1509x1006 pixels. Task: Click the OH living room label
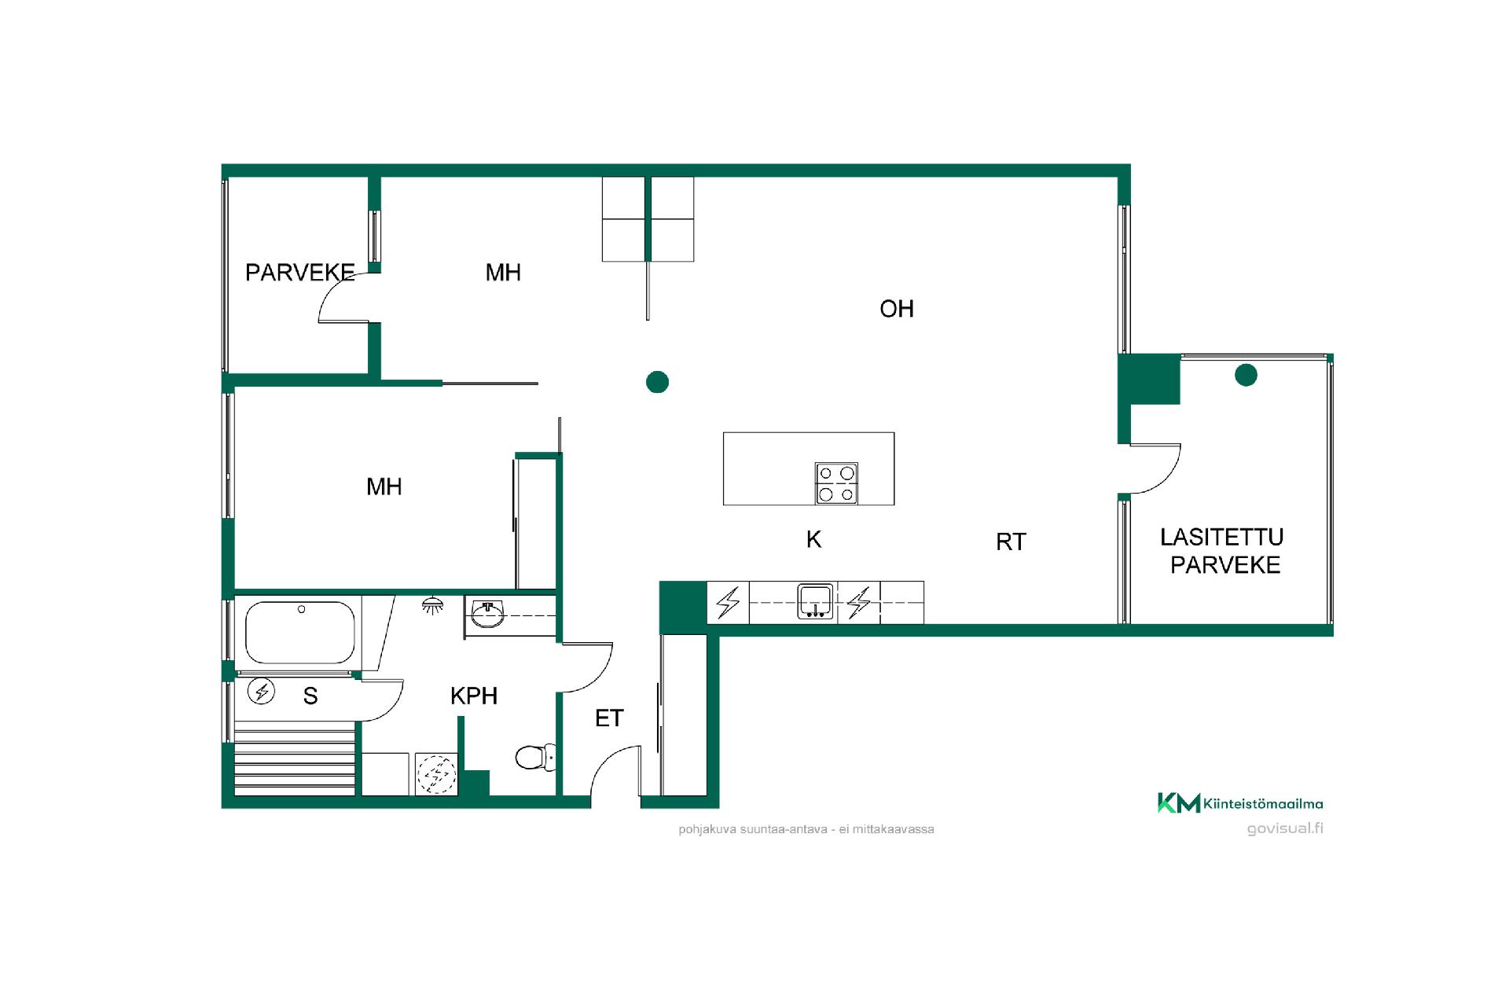click(896, 309)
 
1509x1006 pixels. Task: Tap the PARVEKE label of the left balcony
click(300, 272)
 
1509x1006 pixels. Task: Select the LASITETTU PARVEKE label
click(1224, 551)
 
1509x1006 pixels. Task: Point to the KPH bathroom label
click(474, 696)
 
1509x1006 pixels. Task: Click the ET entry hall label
click(609, 718)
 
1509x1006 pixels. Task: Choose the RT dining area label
click(1011, 542)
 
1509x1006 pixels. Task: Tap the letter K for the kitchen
click(813, 539)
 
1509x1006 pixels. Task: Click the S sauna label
click(310, 696)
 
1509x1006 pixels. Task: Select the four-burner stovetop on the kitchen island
click(836, 483)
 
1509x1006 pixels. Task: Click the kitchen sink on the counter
click(816, 602)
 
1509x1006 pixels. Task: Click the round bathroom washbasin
click(488, 615)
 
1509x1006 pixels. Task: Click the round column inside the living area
click(657, 382)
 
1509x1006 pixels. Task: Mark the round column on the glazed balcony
click(1246, 375)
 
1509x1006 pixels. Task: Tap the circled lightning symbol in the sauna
click(262, 692)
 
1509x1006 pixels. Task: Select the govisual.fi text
click(1285, 828)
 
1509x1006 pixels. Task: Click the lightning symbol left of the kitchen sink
click(729, 603)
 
